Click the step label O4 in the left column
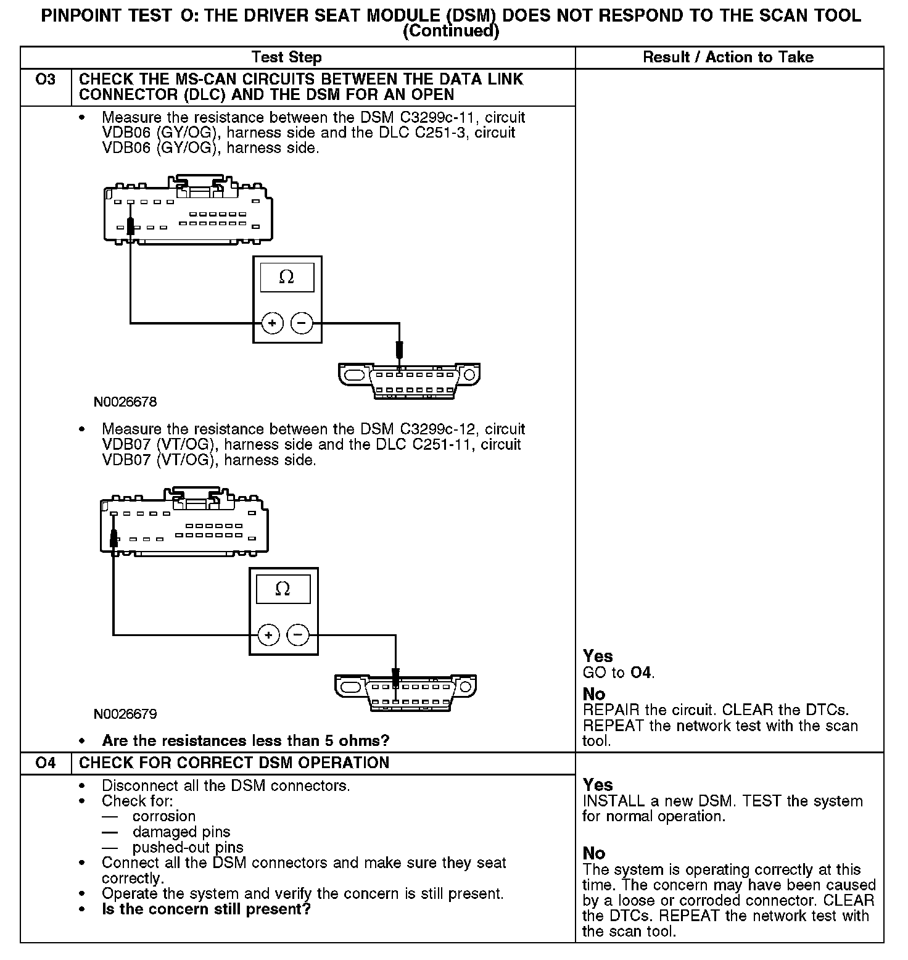(46, 763)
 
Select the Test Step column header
(286, 57)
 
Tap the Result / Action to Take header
(728, 57)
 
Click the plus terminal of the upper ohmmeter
(272, 323)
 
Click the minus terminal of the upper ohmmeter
(302, 323)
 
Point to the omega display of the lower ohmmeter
(283, 589)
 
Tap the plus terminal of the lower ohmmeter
(268, 634)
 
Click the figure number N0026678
(125, 402)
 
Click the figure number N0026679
(125, 714)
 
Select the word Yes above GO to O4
(598, 656)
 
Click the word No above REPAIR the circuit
(594, 694)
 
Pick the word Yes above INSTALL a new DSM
(598, 785)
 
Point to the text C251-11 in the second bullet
(445, 445)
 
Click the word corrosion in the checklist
(164, 816)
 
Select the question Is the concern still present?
(206, 909)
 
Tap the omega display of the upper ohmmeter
(287, 278)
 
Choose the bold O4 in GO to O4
(642, 672)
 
